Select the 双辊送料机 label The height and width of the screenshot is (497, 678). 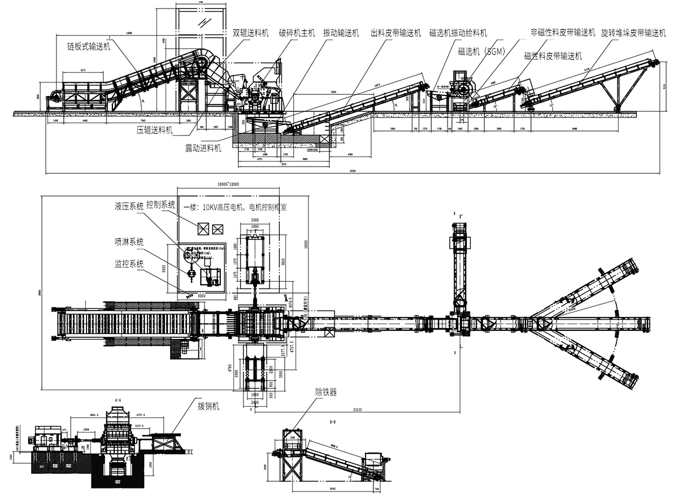click(x=251, y=33)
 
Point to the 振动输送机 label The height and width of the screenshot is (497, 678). click(x=341, y=33)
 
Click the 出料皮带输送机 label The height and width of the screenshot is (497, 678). click(x=395, y=33)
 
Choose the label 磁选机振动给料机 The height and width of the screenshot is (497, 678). click(x=458, y=33)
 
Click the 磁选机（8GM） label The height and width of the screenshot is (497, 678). click(x=480, y=51)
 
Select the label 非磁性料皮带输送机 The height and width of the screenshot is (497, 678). click(x=563, y=33)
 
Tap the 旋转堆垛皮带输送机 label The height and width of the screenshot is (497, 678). click(x=633, y=33)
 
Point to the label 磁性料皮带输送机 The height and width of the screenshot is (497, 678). click(x=553, y=55)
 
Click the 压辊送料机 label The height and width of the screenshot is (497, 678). click(x=155, y=130)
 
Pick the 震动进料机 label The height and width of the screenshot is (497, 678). click(x=203, y=148)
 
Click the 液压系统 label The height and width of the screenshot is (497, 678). click(x=129, y=207)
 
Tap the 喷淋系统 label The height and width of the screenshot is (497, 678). click(x=129, y=242)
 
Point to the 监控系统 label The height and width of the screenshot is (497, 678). click(x=129, y=263)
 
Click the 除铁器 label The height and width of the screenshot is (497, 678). click(x=326, y=391)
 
